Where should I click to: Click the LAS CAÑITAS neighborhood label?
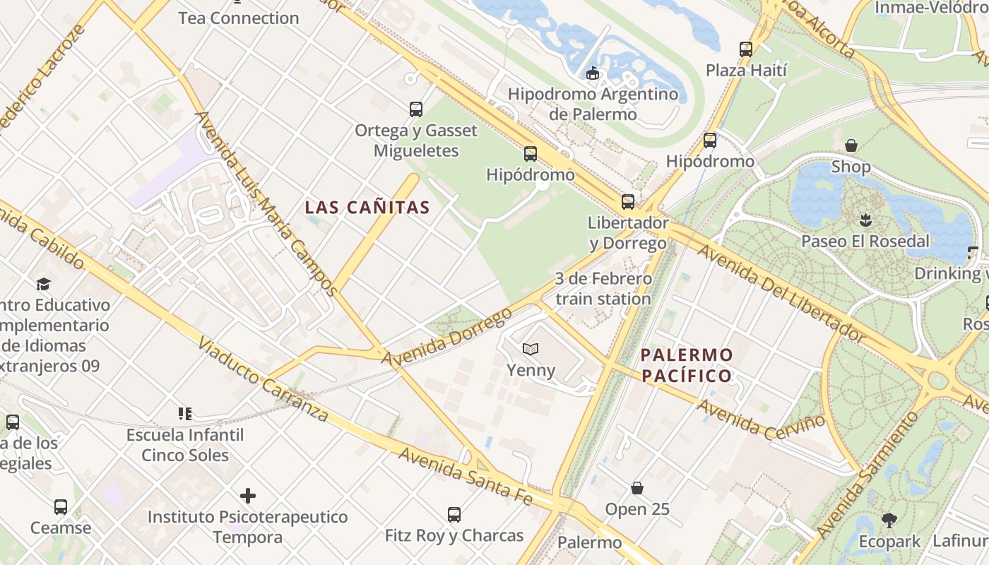[x=367, y=207]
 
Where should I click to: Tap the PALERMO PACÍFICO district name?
[x=687, y=365]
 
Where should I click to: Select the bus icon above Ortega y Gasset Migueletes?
[x=416, y=109]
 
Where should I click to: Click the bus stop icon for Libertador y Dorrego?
[x=627, y=202]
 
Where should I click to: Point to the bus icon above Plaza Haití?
[x=746, y=49]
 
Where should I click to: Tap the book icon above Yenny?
[x=531, y=349]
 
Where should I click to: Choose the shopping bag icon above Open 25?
[x=637, y=488]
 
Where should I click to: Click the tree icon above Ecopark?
[x=889, y=521]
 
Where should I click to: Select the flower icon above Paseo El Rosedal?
[x=865, y=220]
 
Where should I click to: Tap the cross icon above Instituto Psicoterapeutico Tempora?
[x=247, y=496]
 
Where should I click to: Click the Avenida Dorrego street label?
[x=446, y=338]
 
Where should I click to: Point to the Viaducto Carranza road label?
[x=263, y=379]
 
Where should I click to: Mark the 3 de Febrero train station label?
[x=603, y=289]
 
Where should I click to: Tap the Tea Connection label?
[x=238, y=18]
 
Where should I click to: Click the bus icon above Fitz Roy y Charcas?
[x=454, y=515]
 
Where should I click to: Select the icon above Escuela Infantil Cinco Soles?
[x=185, y=414]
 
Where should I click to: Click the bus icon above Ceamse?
[x=61, y=507]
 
